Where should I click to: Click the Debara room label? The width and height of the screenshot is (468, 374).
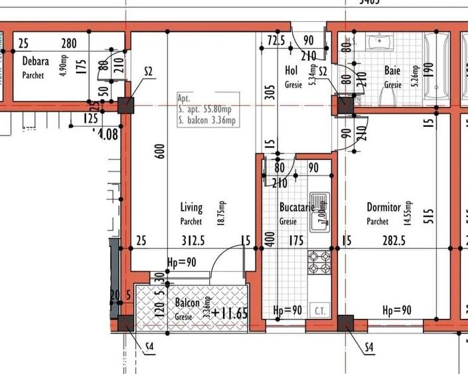(35, 61)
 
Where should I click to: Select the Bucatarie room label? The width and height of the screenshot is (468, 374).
(296, 208)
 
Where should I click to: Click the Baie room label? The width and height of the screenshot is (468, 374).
(392, 70)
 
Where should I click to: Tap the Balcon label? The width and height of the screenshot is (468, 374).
(187, 303)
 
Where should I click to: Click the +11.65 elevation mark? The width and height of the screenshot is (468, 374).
(230, 312)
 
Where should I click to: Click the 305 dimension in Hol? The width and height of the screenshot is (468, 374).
(269, 92)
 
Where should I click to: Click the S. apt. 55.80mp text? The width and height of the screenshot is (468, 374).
(204, 109)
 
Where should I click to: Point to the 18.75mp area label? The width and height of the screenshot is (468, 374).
(222, 212)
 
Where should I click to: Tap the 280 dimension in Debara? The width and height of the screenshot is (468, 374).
(69, 45)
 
